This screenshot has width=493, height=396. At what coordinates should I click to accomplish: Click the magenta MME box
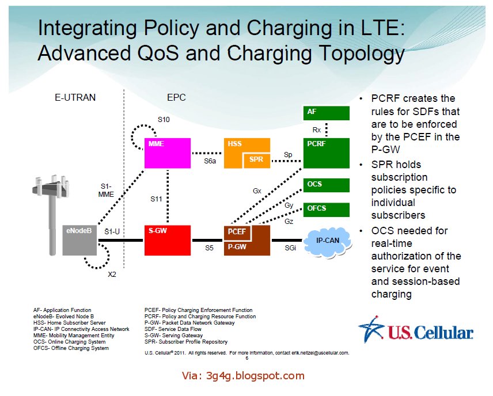168,153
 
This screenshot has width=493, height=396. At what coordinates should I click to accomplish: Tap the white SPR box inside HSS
256,159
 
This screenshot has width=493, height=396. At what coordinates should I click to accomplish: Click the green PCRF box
326,153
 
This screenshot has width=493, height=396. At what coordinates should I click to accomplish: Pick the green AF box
326,112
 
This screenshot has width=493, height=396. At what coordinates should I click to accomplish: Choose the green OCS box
326,185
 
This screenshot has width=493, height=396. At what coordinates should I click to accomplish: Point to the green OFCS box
326,209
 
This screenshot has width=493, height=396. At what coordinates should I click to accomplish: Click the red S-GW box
168,239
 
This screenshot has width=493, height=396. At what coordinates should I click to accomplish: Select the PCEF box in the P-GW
237,231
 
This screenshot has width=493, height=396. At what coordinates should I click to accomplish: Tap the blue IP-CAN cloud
328,240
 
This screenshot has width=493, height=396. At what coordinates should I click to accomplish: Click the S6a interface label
210,162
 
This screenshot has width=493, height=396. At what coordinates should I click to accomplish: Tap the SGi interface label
291,248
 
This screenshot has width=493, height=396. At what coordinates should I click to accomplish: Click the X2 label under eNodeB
112,274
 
